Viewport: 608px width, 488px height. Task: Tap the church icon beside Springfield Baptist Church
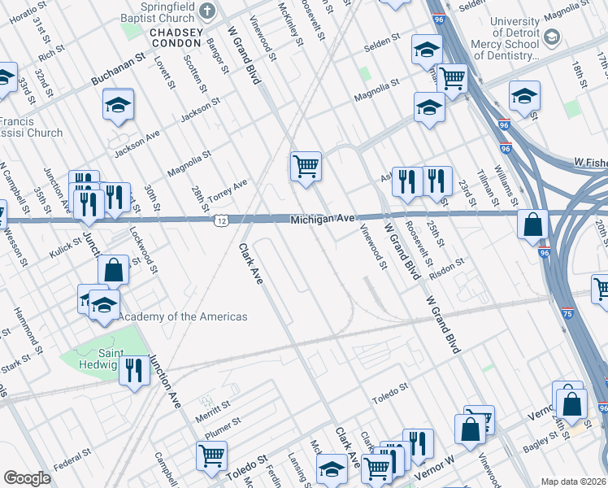208,11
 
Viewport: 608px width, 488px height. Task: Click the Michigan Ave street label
324,219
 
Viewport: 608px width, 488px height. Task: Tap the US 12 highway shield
221,220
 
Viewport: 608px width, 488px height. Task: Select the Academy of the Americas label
183,316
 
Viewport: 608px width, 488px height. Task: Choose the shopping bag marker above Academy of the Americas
115,269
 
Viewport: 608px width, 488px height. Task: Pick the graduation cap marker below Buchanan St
119,105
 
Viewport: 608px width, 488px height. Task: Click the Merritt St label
213,409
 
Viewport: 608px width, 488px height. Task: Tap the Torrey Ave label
228,190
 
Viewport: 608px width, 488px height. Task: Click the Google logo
27,478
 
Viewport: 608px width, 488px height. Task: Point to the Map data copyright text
573,481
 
